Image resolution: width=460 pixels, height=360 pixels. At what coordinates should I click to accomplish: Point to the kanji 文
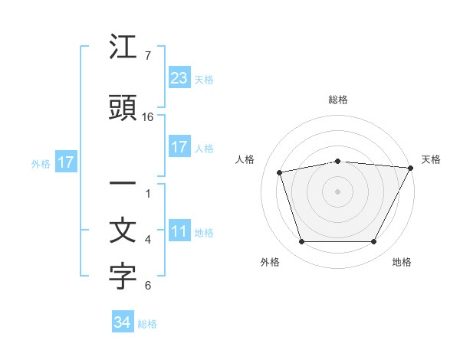pyautogui.click(x=123, y=231)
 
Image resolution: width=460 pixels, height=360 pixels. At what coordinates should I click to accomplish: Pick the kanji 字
pyautogui.click(x=123, y=277)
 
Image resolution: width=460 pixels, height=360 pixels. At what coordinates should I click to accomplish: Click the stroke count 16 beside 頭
pyautogui.click(x=148, y=117)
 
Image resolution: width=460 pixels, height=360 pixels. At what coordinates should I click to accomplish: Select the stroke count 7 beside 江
pyautogui.click(x=148, y=56)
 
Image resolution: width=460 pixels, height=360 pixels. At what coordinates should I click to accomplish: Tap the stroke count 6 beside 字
pyautogui.click(x=148, y=286)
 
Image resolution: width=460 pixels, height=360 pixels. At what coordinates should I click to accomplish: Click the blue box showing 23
pyautogui.click(x=179, y=77)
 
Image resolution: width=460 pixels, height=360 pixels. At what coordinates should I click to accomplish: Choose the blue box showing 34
pyautogui.click(x=122, y=322)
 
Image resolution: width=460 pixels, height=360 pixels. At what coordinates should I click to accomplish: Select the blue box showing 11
pyautogui.click(x=179, y=231)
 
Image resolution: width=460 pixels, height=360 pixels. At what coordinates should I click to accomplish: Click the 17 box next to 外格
pyautogui.click(x=65, y=162)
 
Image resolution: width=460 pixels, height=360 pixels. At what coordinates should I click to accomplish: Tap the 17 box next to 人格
pyautogui.click(x=179, y=147)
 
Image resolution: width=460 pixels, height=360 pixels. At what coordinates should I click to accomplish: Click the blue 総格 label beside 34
pyautogui.click(x=147, y=324)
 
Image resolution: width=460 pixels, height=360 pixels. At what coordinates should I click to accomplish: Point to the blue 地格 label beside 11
pyautogui.click(x=204, y=233)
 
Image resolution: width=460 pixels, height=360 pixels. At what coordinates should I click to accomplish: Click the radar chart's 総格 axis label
pyautogui.click(x=338, y=100)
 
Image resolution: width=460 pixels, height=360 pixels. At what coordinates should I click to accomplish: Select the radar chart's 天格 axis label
pyautogui.click(x=431, y=159)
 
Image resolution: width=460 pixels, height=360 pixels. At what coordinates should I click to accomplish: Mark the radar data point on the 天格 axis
pyautogui.click(x=411, y=168)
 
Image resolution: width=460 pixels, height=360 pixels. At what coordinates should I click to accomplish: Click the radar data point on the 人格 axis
pyautogui.click(x=280, y=172)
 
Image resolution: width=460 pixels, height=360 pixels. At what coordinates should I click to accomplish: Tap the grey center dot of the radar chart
pyautogui.click(x=338, y=191)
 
